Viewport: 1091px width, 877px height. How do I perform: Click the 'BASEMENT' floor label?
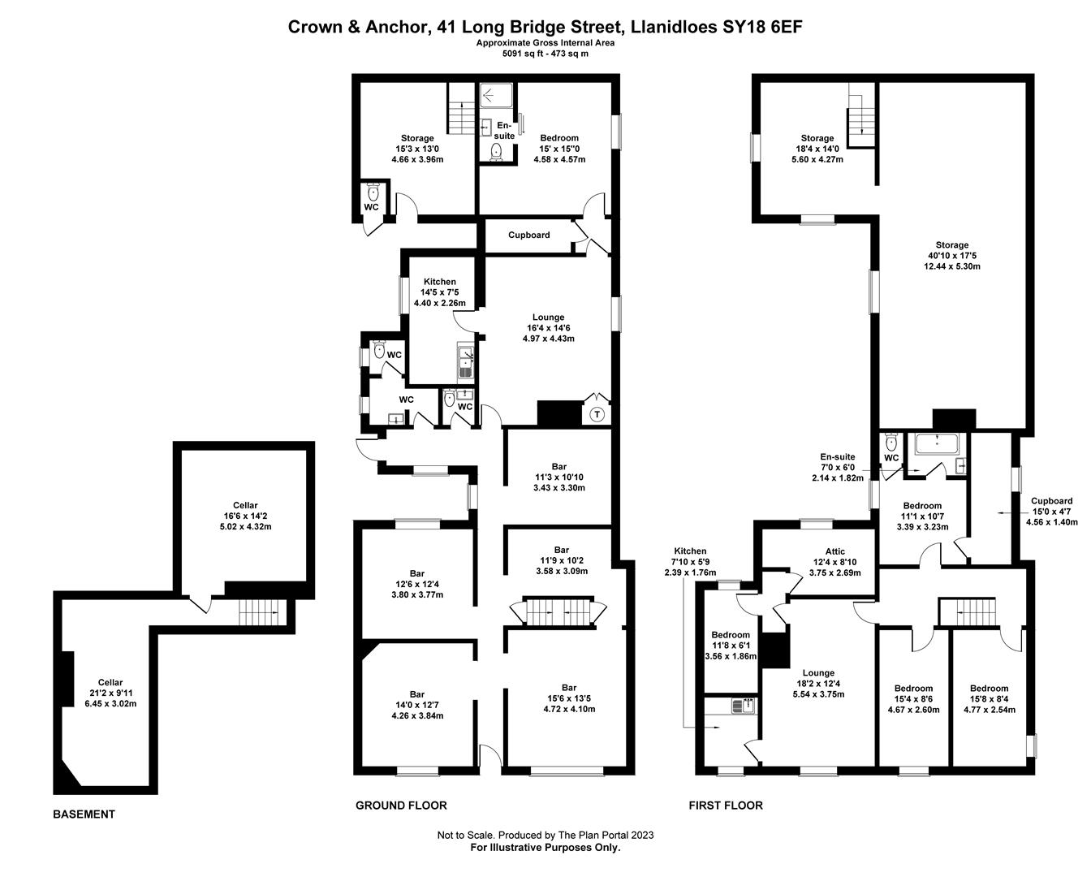coord(84,814)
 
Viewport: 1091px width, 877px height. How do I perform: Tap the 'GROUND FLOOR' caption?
coord(401,806)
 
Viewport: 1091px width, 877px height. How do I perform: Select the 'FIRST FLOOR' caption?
coord(726,806)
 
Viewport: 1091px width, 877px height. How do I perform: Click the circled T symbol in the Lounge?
coord(597,414)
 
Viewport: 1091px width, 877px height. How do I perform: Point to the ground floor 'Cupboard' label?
coord(528,235)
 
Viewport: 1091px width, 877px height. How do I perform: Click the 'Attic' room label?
coord(835,551)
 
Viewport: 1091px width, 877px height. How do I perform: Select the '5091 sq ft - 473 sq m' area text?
coord(545,54)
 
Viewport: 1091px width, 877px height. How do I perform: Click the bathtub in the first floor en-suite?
coord(937,444)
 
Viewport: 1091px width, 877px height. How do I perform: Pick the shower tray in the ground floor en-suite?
coord(496,95)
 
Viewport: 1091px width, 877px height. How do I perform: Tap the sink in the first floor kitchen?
coord(744,706)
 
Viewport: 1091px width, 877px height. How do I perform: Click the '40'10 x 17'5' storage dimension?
coord(952,256)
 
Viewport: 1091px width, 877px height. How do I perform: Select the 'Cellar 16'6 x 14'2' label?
coord(245,510)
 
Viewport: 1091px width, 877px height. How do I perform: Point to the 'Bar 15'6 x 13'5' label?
coord(569,693)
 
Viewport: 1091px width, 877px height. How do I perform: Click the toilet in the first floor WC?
coord(891,443)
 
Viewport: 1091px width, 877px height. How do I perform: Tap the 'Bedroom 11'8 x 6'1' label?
coord(731,640)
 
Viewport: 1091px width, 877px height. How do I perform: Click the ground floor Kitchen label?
coord(439,282)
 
